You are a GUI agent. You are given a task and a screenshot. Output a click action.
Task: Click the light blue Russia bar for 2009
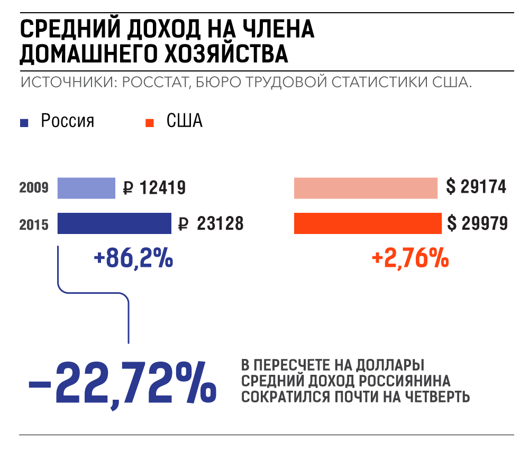pyautogui.click(x=86, y=188)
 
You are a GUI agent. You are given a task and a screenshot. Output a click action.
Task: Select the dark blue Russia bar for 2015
pyautogui.click(x=114, y=223)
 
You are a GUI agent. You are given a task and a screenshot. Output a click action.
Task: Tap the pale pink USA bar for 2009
pyautogui.click(x=366, y=188)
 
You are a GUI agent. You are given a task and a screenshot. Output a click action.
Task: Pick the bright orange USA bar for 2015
pyautogui.click(x=367, y=223)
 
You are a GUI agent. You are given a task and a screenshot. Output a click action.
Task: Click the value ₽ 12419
pyautogui.click(x=154, y=188)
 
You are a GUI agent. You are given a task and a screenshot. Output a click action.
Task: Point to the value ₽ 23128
pyautogui.click(x=211, y=224)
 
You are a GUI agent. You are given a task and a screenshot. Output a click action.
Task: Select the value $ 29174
pyautogui.click(x=476, y=187)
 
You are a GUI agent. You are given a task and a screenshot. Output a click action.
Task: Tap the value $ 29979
pyautogui.click(x=477, y=223)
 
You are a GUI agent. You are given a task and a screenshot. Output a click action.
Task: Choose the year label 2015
pyautogui.click(x=34, y=224)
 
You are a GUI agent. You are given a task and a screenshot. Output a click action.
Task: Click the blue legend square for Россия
pyautogui.click(x=23, y=123)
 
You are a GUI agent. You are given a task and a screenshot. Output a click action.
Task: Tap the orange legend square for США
pyautogui.click(x=150, y=123)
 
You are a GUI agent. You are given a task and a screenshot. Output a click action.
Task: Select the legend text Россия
pyautogui.click(x=68, y=121)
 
